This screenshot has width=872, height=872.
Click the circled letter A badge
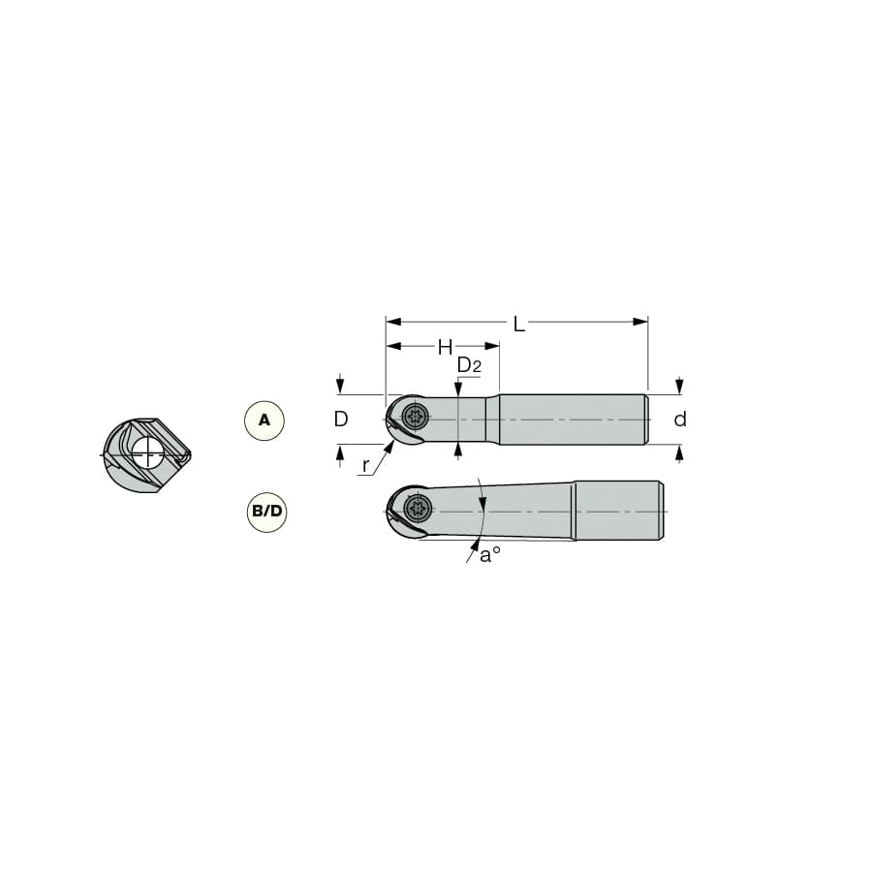pos(265,420)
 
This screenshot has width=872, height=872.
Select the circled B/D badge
pos(267,511)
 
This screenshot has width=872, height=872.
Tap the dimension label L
pos(518,324)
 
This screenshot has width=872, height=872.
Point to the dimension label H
pos(445,348)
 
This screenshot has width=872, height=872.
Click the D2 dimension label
pos(469,365)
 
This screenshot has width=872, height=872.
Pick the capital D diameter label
pos(341,419)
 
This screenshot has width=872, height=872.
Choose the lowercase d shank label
pos(680,419)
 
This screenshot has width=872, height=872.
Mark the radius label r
pos(365,465)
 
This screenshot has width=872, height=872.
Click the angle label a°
pos(490,554)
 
